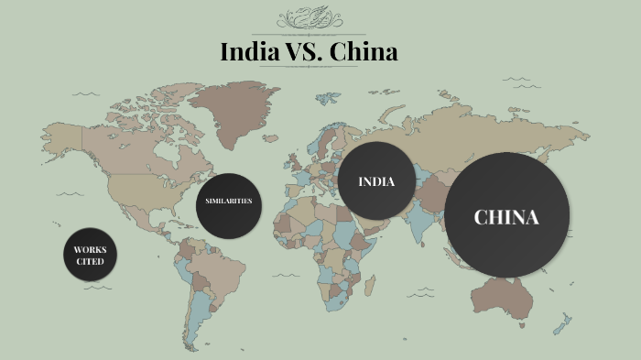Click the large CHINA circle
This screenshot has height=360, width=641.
pyautogui.click(x=506, y=216)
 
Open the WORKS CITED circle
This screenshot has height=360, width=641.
pyautogui.click(x=90, y=255)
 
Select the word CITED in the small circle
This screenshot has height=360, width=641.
pyautogui.click(x=90, y=261)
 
